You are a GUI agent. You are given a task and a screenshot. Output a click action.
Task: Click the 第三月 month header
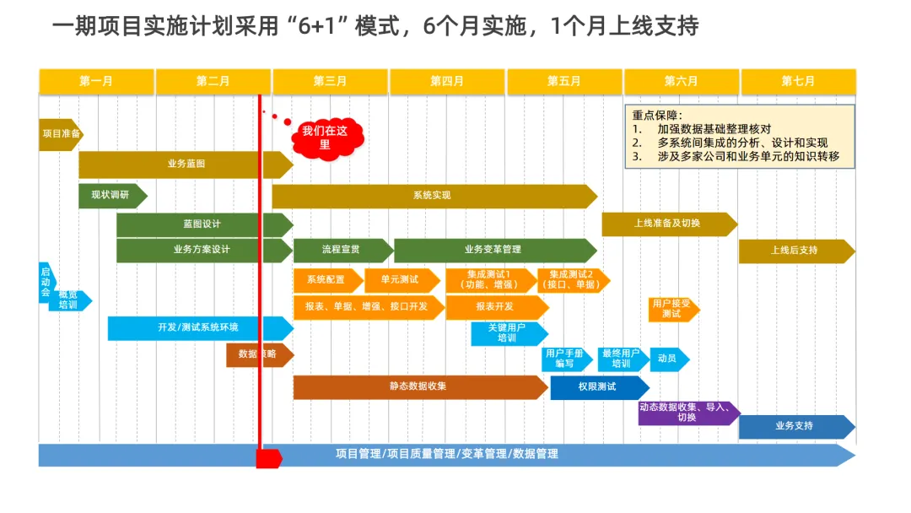(330, 82)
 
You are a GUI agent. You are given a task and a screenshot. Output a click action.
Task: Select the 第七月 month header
(798, 82)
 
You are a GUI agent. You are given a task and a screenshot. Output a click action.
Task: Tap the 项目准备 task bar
(61, 134)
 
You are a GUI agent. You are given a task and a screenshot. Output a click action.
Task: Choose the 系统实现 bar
(432, 196)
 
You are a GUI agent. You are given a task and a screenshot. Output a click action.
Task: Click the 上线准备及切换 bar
(667, 224)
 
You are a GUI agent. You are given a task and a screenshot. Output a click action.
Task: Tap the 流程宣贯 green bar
(341, 250)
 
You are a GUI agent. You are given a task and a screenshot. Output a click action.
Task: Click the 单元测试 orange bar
(400, 279)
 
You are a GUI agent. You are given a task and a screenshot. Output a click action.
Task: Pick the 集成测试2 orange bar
(572, 279)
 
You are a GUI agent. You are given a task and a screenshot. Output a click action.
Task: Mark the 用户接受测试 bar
(672, 308)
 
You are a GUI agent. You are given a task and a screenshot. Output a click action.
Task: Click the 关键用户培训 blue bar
(508, 332)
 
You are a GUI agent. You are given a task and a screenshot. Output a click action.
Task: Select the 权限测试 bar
(597, 387)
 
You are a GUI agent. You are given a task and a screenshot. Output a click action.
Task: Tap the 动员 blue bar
(668, 359)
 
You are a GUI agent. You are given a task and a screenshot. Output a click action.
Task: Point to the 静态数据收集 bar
(418, 386)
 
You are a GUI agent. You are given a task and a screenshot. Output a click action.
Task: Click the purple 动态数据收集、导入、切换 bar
(687, 413)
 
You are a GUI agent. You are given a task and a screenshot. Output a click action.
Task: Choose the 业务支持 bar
(795, 426)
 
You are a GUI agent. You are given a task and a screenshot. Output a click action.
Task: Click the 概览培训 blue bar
(69, 300)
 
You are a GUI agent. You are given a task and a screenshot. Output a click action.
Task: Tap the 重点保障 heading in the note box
(657, 116)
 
